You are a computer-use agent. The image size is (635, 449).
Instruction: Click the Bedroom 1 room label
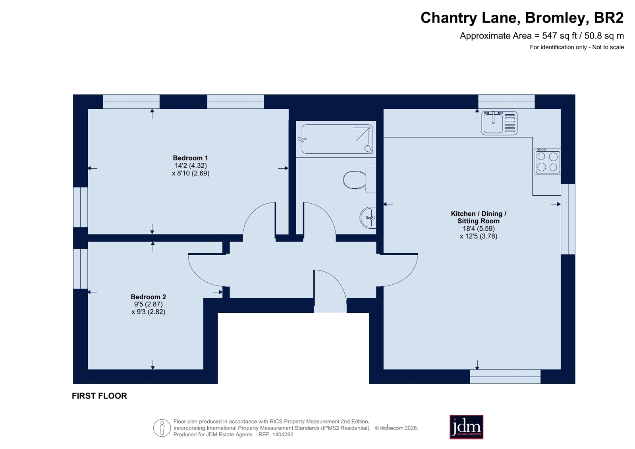point(190,158)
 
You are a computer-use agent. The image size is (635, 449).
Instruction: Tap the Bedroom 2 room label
point(148,297)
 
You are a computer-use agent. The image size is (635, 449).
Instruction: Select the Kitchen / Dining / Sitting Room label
point(479,217)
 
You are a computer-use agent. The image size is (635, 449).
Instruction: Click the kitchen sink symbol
point(499,123)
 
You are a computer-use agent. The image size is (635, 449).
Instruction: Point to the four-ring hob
point(548,161)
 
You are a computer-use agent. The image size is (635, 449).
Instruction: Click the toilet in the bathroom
point(359,180)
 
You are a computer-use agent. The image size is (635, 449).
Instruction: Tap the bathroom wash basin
point(368,218)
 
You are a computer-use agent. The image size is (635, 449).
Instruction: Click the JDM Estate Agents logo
point(466,427)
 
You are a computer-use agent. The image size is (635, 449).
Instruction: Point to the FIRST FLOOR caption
point(100,396)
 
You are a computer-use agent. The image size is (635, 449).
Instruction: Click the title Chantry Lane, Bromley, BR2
point(522,18)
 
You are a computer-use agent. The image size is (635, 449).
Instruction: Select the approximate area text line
point(542,36)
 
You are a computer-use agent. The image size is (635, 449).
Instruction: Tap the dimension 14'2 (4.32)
point(191,166)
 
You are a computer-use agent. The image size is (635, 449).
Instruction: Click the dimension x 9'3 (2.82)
point(148,312)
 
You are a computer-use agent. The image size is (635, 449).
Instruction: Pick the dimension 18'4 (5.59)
point(479,228)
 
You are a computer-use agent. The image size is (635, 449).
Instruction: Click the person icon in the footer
point(162,428)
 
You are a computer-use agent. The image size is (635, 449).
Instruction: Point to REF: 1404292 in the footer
point(276,435)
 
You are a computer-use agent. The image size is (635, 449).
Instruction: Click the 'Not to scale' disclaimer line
point(577,47)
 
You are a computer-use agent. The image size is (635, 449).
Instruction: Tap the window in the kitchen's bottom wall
point(505,376)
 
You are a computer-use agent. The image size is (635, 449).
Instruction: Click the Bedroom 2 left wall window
point(81,269)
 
